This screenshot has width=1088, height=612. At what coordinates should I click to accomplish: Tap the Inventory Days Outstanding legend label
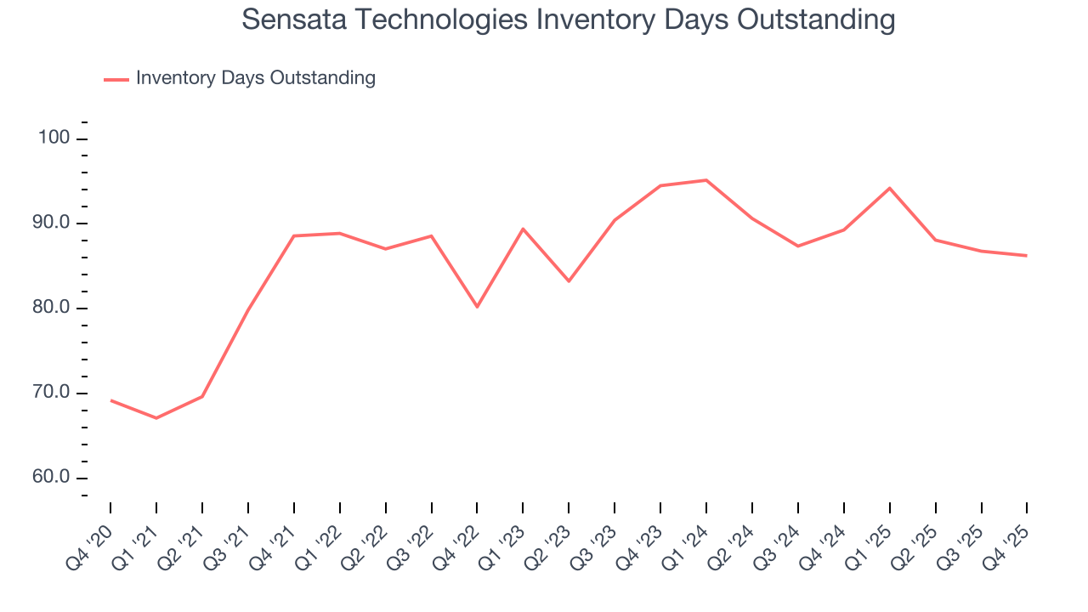(x=255, y=78)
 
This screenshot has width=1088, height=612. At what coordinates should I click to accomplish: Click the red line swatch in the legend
(x=116, y=79)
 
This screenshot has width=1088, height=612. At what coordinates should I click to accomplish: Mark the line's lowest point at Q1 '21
(x=156, y=418)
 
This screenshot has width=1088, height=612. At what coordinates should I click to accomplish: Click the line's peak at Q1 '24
(x=706, y=180)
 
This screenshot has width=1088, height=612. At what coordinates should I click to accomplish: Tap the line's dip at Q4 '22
(x=477, y=307)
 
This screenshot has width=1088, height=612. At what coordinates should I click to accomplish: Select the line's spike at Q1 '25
(x=889, y=188)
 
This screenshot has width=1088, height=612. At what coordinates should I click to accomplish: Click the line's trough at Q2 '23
(x=569, y=281)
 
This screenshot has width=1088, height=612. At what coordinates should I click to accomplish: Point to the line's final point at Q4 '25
(x=1027, y=256)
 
